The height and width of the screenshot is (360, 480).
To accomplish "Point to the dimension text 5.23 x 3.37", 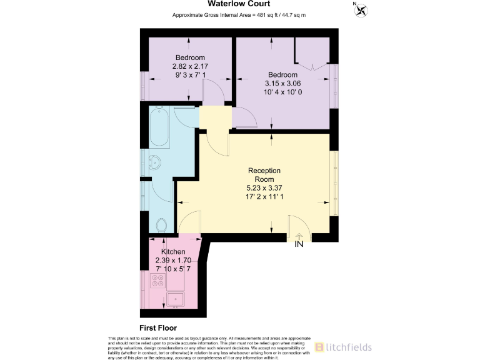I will pos(264,187).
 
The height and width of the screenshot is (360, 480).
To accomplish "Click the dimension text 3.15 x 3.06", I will pos(282,83).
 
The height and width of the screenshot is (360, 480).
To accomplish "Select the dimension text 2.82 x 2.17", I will pos(190,66).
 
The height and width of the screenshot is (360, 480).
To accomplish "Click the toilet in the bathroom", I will pos(161,224).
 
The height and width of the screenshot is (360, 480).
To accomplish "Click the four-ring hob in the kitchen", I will pos(157,281).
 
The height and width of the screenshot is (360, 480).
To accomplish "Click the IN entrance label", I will pos(299,244).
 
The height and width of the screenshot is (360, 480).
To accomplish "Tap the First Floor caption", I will pos(157,327).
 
